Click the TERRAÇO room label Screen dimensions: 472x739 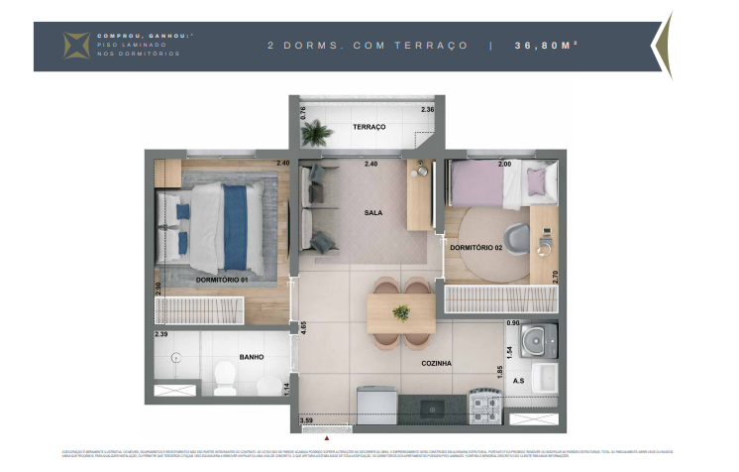369,128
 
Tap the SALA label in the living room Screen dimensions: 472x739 372,212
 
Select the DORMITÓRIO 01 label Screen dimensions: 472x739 223,281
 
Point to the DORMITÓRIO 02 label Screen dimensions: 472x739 475,246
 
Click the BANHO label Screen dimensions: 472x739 251,356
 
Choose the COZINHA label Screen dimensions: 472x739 435,364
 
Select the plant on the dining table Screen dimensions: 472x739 401,312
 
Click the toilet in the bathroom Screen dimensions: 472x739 224,378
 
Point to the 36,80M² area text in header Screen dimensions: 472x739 546,46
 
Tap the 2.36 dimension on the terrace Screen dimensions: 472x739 427,109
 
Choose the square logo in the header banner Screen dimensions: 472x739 76,46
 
